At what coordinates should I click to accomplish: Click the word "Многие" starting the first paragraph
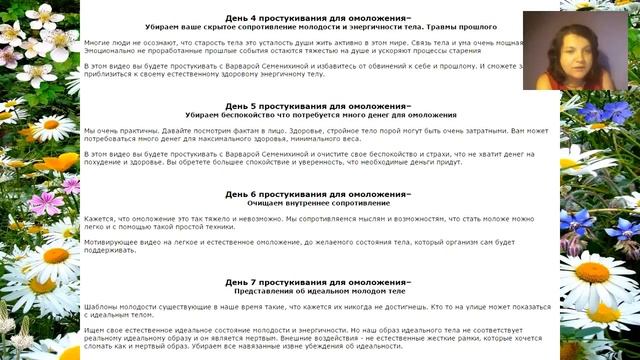pyautogui.click(x=97, y=45)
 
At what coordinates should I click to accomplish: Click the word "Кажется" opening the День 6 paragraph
pyautogui.click(x=99, y=218)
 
